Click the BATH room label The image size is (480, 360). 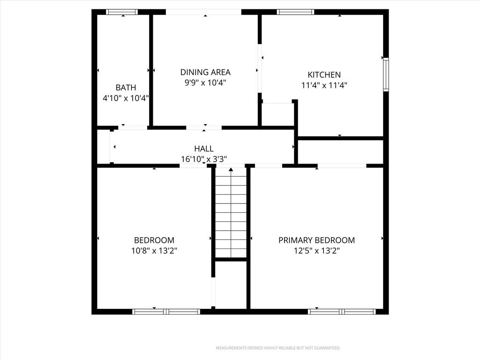tap(126, 88)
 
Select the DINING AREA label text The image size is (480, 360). tap(205, 72)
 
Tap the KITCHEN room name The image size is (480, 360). tap(324, 75)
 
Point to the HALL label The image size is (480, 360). tap(204, 149)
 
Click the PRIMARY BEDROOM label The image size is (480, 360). tap(317, 240)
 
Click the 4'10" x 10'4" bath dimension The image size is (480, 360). tap(126, 98)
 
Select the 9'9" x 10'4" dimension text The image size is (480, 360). tap(205, 82)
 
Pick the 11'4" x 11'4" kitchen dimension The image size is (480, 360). tap(324, 85)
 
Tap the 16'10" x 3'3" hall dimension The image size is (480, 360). tap(204, 159)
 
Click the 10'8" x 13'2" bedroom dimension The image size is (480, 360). tap(154, 251)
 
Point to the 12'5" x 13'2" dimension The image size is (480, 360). tap(317, 251)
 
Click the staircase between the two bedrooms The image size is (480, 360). tap(231, 213)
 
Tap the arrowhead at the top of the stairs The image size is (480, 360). tap(231, 169)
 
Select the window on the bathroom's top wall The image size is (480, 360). tap(122, 12)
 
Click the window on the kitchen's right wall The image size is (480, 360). tap(386, 75)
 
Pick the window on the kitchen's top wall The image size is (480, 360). tap(295, 12)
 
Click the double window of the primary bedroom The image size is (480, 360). tap(342, 312)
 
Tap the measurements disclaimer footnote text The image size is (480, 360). tap(278, 348)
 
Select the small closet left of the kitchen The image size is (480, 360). tap(277, 114)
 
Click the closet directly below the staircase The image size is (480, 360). tap(231, 285)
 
